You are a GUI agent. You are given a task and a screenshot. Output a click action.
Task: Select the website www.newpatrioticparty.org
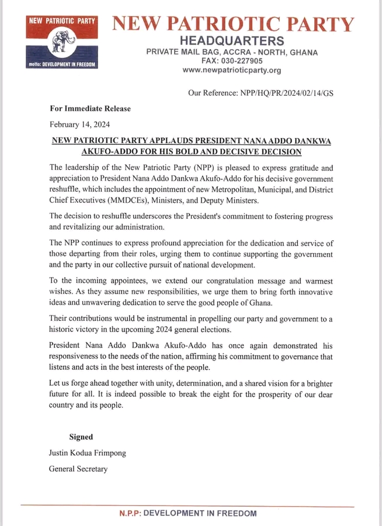pos(232,70)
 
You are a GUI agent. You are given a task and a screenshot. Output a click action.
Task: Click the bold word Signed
pos(81,437)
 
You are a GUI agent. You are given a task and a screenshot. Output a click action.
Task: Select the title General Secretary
pos(78,469)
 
